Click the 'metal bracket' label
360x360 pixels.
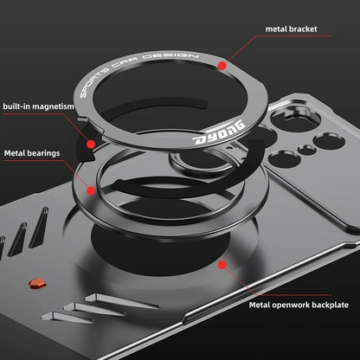coord(291,29)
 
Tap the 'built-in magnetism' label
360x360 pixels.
coord(38,106)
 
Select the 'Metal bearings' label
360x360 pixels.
coord(32,153)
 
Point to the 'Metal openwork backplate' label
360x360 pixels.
coord(299,305)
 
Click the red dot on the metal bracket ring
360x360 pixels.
coord(222,66)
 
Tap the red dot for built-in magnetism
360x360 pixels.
coord(91,144)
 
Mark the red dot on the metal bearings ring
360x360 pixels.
coord(91,190)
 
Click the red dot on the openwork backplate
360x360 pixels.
coord(222,265)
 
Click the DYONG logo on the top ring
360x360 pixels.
coord(219,133)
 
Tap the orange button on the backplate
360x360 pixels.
coord(37,283)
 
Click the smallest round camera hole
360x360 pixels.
coord(306,150)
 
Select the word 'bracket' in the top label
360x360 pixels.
coord(303,29)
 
